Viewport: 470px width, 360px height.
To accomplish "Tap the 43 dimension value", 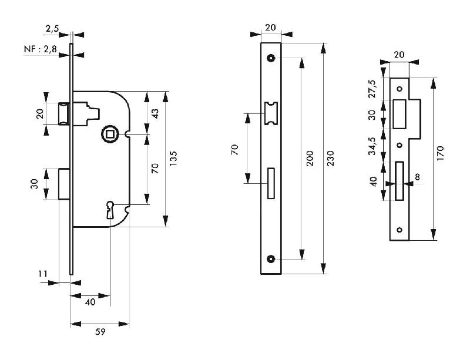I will pyautogui.click(x=155, y=113).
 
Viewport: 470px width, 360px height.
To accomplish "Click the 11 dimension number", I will pyautogui.click(x=42, y=274).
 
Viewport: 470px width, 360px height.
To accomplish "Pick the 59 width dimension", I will pyautogui.click(x=100, y=332).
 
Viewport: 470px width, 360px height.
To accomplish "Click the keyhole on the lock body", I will pyautogui.click(x=110, y=208).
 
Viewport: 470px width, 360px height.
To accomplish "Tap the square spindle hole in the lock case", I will pyautogui.click(x=108, y=134).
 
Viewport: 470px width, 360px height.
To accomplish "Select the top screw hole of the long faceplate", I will pyautogui.click(x=271, y=58).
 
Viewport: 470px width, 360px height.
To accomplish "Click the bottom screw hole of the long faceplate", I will pyautogui.click(x=271, y=258).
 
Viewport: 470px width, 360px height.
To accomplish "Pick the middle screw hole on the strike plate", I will pyautogui.click(x=399, y=145).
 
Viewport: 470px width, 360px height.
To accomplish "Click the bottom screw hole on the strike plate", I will pyautogui.click(x=399, y=230).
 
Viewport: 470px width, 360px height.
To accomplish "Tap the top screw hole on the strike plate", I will pyautogui.click(x=399, y=89).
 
